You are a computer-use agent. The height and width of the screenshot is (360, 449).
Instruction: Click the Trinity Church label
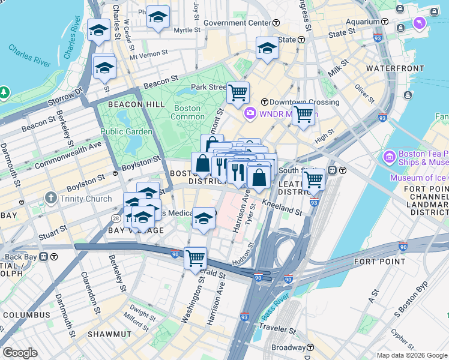click(x=85, y=199)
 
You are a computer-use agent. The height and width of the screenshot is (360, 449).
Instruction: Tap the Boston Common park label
click(x=187, y=113)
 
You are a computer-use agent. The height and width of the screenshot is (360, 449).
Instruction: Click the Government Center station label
click(x=238, y=23)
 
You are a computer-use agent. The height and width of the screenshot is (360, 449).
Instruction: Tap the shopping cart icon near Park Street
click(x=238, y=92)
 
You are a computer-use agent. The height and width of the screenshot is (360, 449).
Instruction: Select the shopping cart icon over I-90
click(x=195, y=258)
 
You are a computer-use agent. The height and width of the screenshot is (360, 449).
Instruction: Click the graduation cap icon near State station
click(x=267, y=48)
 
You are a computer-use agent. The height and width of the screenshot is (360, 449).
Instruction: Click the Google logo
click(x=19, y=353)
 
